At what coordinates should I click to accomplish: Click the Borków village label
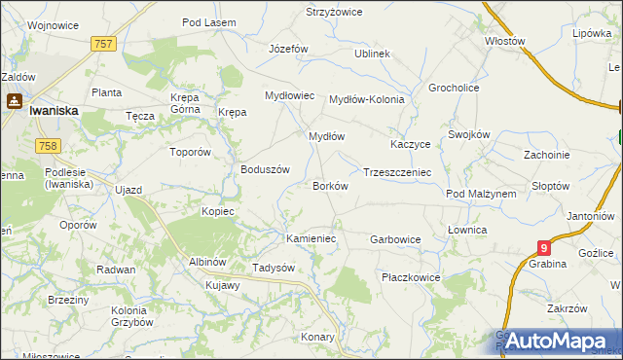[x=330, y=185]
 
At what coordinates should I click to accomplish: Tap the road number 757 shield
[x=104, y=44]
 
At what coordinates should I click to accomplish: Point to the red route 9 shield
[x=543, y=249]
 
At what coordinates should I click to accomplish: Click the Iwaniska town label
[x=54, y=111]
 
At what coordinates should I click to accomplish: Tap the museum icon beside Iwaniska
[x=16, y=99]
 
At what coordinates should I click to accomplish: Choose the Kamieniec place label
[x=311, y=237]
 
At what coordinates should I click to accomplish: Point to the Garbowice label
[x=395, y=238]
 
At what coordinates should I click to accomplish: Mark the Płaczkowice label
[x=411, y=277]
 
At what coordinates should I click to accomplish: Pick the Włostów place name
[x=505, y=42]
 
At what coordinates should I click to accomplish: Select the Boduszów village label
[x=266, y=168]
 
